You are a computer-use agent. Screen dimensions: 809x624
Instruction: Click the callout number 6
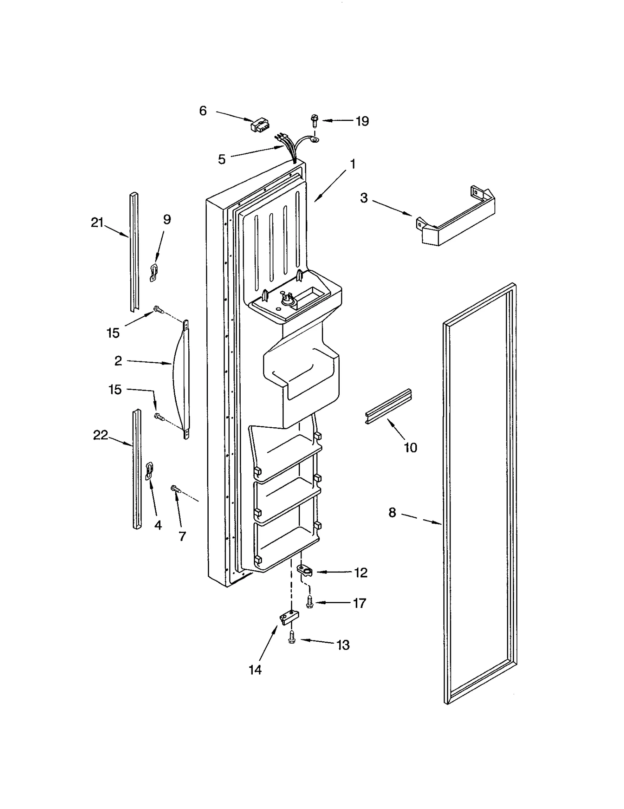[203, 111]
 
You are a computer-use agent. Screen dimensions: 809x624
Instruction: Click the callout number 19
[362, 121]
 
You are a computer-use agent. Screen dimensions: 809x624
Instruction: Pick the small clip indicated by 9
[154, 272]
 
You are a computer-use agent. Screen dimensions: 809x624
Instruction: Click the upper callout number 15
[113, 333]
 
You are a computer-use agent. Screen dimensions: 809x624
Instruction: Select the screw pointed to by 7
[175, 489]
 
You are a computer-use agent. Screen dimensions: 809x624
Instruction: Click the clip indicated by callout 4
[149, 470]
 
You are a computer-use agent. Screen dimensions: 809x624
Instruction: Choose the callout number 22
[100, 435]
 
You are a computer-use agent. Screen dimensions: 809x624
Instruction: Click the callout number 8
[392, 512]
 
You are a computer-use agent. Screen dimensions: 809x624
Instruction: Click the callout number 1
[353, 164]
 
